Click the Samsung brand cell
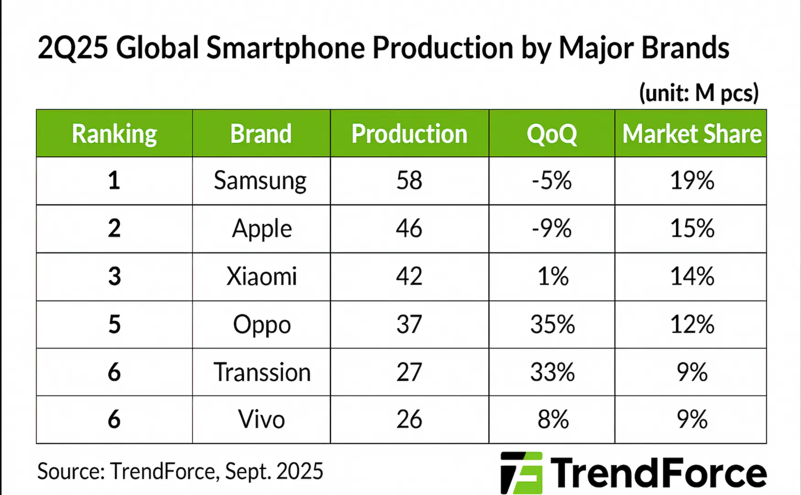coord(260,181)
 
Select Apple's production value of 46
coord(409,228)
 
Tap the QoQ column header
coord(552,134)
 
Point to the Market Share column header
coord(692,134)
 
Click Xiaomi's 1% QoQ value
coord(552,276)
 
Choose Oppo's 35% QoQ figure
coord(552,324)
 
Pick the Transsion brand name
coord(262,372)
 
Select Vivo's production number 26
coord(409,419)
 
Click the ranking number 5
coord(114,324)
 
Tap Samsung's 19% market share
coord(692,181)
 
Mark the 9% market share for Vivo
coord(692,419)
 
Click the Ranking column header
coord(114,134)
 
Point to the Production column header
coord(409,134)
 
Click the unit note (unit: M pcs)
coord(698,93)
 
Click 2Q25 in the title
coord(72,48)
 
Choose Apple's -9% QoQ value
coord(552,228)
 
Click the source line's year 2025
coord(300,471)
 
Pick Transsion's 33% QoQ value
coord(552,372)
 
